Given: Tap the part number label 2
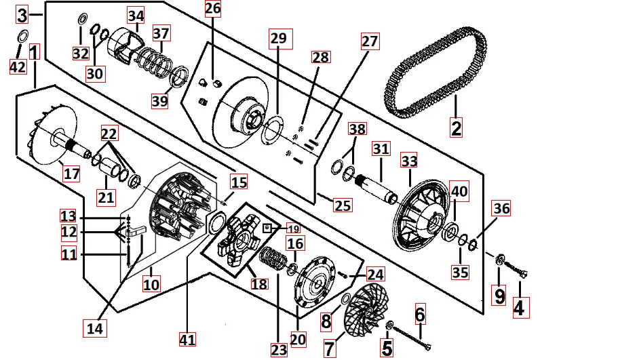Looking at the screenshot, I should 456,127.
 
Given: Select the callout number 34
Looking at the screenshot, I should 136,16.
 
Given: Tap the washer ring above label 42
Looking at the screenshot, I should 21,37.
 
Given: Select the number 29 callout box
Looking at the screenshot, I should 278,39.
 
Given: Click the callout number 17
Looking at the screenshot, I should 72,174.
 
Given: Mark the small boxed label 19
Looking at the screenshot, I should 292,228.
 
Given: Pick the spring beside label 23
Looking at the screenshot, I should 273,258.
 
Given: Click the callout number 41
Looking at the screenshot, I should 187,338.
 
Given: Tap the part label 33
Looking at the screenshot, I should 409,161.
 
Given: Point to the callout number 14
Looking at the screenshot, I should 96,328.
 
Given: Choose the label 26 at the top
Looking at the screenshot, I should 213,9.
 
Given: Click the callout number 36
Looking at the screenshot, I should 501,208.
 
